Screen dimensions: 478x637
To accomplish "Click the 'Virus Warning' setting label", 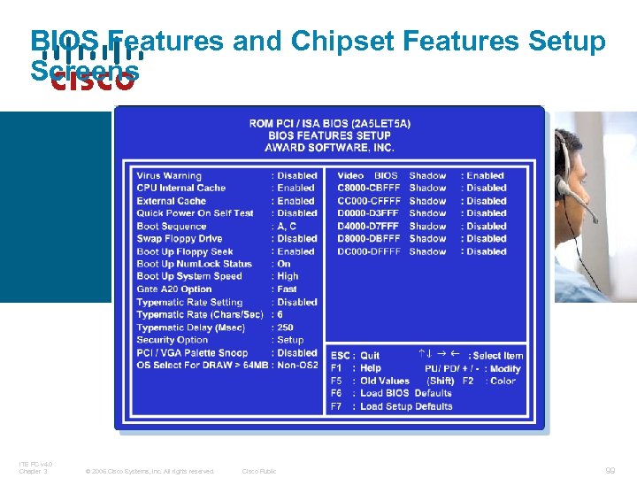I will point(169,175).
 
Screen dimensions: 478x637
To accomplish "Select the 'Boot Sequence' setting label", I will point(172,226).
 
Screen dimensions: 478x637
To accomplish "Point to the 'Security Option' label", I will point(173,340).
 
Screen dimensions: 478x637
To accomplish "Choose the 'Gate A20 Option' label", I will point(174,289).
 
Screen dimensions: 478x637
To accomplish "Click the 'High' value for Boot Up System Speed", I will point(288,276).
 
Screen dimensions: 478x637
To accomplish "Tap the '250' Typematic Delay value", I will point(285,328).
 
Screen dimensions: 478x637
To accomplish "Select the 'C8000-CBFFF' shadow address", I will point(369,188).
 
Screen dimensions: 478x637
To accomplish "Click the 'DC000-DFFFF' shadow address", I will point(369,251).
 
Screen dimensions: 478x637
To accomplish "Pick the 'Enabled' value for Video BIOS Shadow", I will point(485,175).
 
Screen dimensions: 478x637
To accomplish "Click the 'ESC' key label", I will point(339,356).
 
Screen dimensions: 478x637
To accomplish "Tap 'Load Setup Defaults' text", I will point(406,406).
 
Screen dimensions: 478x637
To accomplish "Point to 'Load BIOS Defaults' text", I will point(406,393).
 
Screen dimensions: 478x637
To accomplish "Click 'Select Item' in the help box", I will point(498,356).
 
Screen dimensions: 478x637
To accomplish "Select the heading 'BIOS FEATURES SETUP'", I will point(329,135).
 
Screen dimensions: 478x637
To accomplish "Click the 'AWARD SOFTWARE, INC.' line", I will point(329,147).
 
